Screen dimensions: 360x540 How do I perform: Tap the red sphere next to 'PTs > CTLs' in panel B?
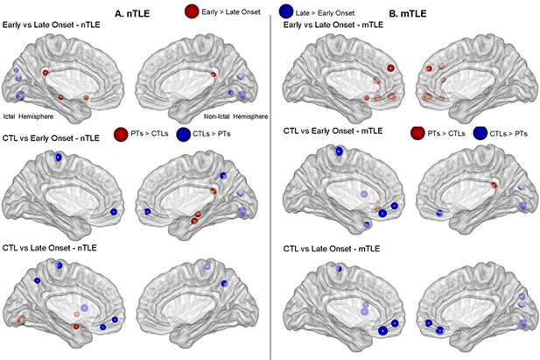pyautogui.click(x=417, y=134)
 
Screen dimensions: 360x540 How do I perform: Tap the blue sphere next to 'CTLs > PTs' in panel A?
pyautogui.click(x=184, y=134)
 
